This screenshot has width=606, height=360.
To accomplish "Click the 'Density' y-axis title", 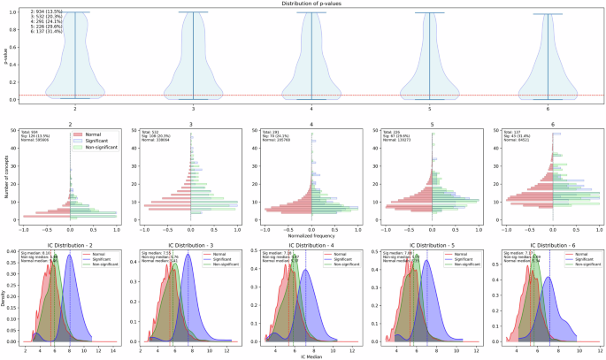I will tap(4, 296).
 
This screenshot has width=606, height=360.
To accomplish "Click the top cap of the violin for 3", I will tap(193, 11).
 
